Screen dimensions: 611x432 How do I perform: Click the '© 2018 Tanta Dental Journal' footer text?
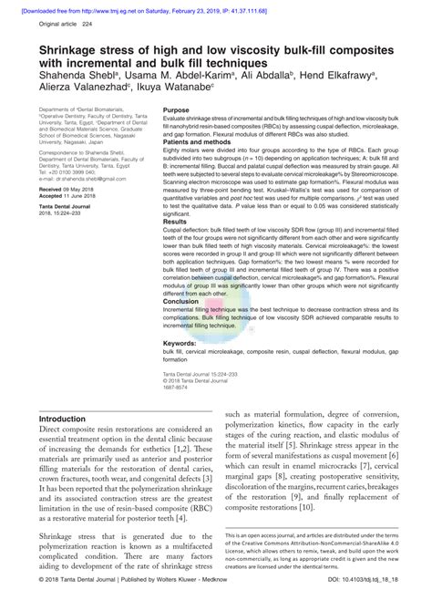(81, 603)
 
